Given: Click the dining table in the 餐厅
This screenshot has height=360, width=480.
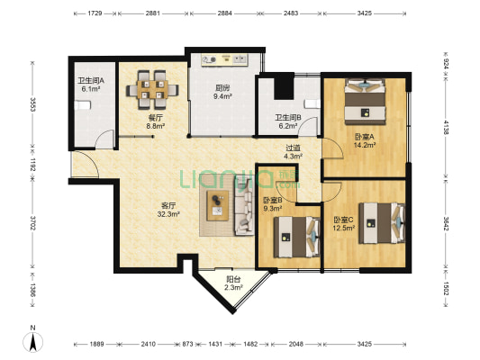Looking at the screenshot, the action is click(152, 90).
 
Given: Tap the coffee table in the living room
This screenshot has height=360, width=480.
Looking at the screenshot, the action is click(218, 205).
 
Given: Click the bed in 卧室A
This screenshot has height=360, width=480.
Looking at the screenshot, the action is click(365, 102).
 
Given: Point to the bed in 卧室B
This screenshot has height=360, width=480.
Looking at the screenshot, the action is click(296, 237).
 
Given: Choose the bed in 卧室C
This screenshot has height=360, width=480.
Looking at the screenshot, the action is click(382, 223).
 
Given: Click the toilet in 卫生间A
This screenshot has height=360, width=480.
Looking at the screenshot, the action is click(83, 105).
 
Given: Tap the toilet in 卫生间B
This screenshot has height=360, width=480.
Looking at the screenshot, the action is click(312, 104).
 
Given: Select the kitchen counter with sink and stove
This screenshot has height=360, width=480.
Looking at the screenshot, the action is click(225, 59).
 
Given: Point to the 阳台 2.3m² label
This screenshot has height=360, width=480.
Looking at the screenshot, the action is click(233, 283).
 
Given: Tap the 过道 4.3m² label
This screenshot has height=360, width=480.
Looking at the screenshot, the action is click(293, 152).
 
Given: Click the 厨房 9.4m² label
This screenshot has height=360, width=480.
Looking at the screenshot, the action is click(222, 93).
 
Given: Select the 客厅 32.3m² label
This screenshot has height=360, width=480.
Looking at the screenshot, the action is click(168, 210).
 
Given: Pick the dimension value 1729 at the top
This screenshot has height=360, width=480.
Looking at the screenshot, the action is click(95, 13).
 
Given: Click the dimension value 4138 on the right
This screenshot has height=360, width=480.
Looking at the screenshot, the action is click(446, 127).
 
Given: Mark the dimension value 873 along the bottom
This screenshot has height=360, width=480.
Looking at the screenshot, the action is click(187, 344).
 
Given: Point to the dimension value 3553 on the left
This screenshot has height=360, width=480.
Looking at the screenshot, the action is click(32, 104).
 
